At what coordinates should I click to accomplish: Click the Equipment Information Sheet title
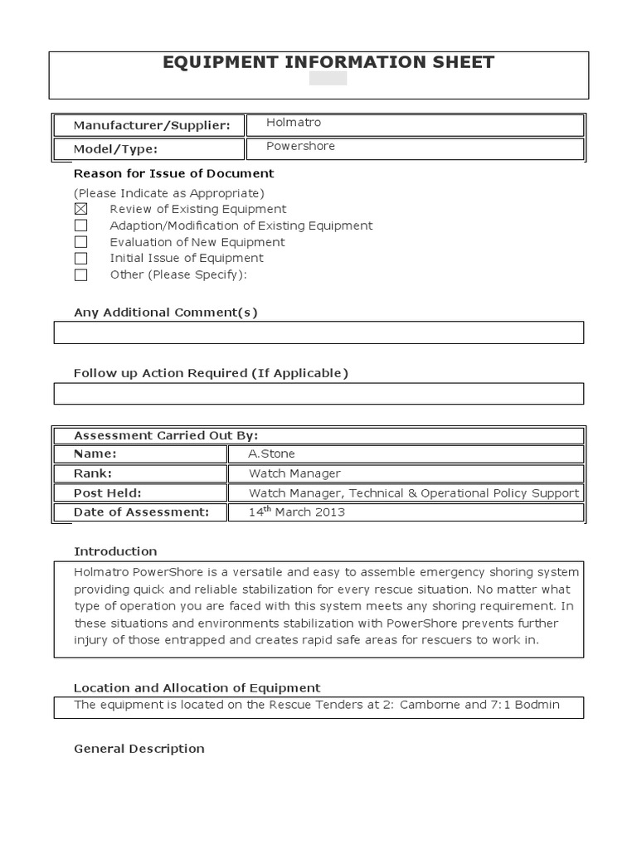tap(318, 62)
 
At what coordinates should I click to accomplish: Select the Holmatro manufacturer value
tap(293, 123)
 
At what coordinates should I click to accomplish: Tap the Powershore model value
tap(299, 146)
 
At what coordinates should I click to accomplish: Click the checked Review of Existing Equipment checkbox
tap(80, 210)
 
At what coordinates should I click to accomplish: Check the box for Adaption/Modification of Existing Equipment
tap(80, 226)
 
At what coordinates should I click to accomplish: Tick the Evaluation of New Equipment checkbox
tap(80, 242)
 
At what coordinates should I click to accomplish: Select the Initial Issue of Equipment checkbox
tap(80, 259)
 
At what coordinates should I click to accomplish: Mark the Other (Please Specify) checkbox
tap(80, 275)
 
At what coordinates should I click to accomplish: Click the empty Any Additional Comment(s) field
tap(318, 332)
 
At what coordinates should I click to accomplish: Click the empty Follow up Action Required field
tap(318, 393)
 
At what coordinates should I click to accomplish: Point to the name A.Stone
tap(271, 454)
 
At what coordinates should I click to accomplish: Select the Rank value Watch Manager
tap(294, 473)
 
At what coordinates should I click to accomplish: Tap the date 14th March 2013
tap(296, 512)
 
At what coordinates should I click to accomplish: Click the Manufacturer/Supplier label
tap(151, 126)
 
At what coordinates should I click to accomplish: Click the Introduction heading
tap(115, 551)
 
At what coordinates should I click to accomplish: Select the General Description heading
tap(139, 749)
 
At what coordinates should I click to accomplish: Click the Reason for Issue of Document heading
tap(173, 173)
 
